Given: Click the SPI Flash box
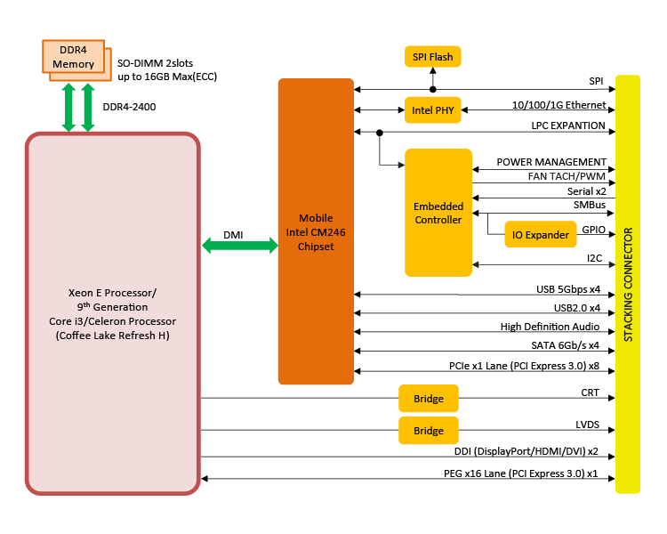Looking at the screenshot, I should pyautogui.click(x=433, y=57).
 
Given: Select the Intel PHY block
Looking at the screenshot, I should pyautogui.click(x=433, y=110).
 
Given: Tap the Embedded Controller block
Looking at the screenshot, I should pyautogui.click(x=438, y=213).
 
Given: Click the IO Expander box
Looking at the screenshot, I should pyautogui.click(x=540, y=235).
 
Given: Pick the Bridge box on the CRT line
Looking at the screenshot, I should pyautogui.click(x=429, y=398).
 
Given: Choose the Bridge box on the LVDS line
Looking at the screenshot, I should pyautogui.click(x=429, y=431).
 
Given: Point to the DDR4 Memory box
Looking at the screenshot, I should pyautogui.click(x=73, y=57).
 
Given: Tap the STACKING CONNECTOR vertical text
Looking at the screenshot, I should pyautogui.click(x=628, y=285).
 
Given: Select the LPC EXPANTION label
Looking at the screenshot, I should pyautogui.click(x=567, y=126).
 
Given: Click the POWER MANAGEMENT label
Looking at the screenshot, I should pyautogui.click(x=551, y=162).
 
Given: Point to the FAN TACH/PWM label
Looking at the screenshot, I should pyautogui.click(x=567, y=176).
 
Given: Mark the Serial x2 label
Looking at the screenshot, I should pyautogui.click(x=586, y=191).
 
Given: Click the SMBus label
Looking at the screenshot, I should pyautogui.click(x=589, y=206).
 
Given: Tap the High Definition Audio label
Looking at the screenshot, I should pyautogui.click(x=552, y=327).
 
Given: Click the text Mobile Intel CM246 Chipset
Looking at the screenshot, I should pyautogui.click(x=316, y=232).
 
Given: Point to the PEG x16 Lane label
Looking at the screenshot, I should pyautogui.click(x=520, y=473).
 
